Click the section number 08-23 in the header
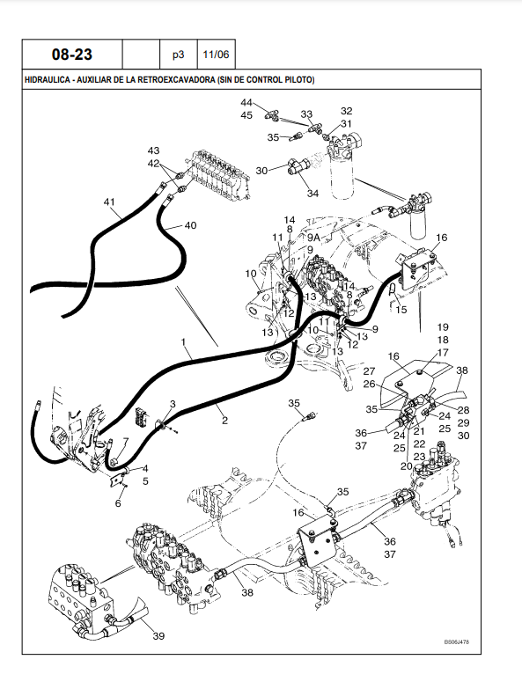(72, 55)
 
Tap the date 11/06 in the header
(216, 55)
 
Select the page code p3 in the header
(178, 55)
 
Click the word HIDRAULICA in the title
(47, 80)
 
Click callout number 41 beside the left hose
(109, 202)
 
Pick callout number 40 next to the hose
(190, 225)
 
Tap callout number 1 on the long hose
(184, 341)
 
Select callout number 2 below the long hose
(225, 421)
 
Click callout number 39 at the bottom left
(158, 636)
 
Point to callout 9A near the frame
(313, 238)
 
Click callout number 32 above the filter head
(346, 111)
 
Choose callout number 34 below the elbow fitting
(312, 193)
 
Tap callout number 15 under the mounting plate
(401, 310)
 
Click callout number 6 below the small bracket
(118, 503)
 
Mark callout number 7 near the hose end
(126, 441)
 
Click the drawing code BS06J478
(457, 642)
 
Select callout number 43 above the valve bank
(153, 150)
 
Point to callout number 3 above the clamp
(173, 404)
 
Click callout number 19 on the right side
(443, 327)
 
